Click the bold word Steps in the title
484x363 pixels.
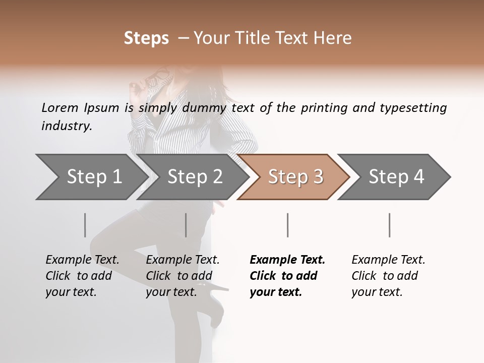tap(146, 38)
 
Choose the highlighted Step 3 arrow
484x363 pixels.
tap(295, 176)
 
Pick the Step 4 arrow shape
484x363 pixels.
tap(396, 176)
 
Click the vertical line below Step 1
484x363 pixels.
tap(85, 225)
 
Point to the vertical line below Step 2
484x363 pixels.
tap(186, 225)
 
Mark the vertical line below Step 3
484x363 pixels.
tap(287, 225)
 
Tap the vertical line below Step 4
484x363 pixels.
tap(389, 225)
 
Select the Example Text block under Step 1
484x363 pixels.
tap(82, 276)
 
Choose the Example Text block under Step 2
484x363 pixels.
tap(183, 276)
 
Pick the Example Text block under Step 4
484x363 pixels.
tap(388, 276)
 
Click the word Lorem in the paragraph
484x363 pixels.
tap(60, 108)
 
